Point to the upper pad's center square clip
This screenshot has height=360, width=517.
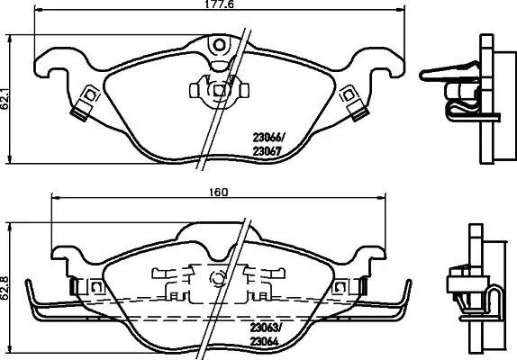[x=218, y=90]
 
